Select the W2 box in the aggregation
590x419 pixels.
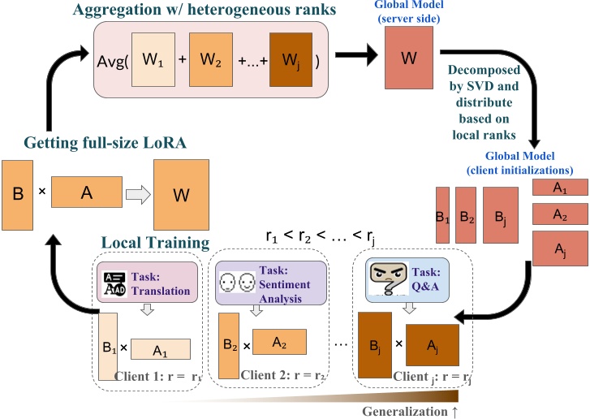(209, 62)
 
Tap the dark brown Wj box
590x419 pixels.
(291, 62)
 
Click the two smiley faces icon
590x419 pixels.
(236, 283)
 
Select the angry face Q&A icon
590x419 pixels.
(385, 280)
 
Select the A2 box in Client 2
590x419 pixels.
(278, 341)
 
